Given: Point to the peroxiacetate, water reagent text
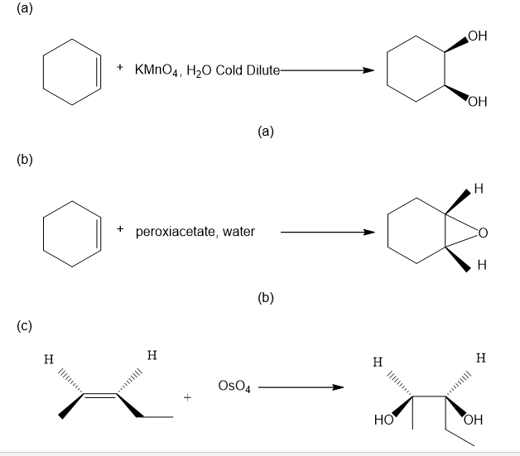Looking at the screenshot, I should [x=195, y=231].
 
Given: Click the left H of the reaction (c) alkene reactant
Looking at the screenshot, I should [x=49, y=360].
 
